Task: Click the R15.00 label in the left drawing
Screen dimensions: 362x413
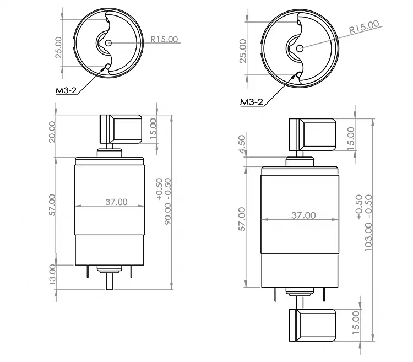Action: [x=165, y=39]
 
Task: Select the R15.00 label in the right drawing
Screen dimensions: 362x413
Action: [x=363, y=26]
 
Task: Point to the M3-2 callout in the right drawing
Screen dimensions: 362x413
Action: [x=252, y=102]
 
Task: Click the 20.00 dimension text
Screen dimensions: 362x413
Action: [x=52, y=131]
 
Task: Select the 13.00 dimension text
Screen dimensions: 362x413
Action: [x=52, y=274]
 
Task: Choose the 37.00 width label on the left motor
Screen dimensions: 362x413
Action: [x=116, y=202]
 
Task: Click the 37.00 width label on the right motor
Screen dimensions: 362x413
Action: [x=303, y=215]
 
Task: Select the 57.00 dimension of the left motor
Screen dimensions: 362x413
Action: [x=52, y=204]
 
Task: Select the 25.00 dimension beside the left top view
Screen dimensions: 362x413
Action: [x=58, y=46]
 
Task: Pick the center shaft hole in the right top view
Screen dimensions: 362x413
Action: [x=299, y=48]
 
